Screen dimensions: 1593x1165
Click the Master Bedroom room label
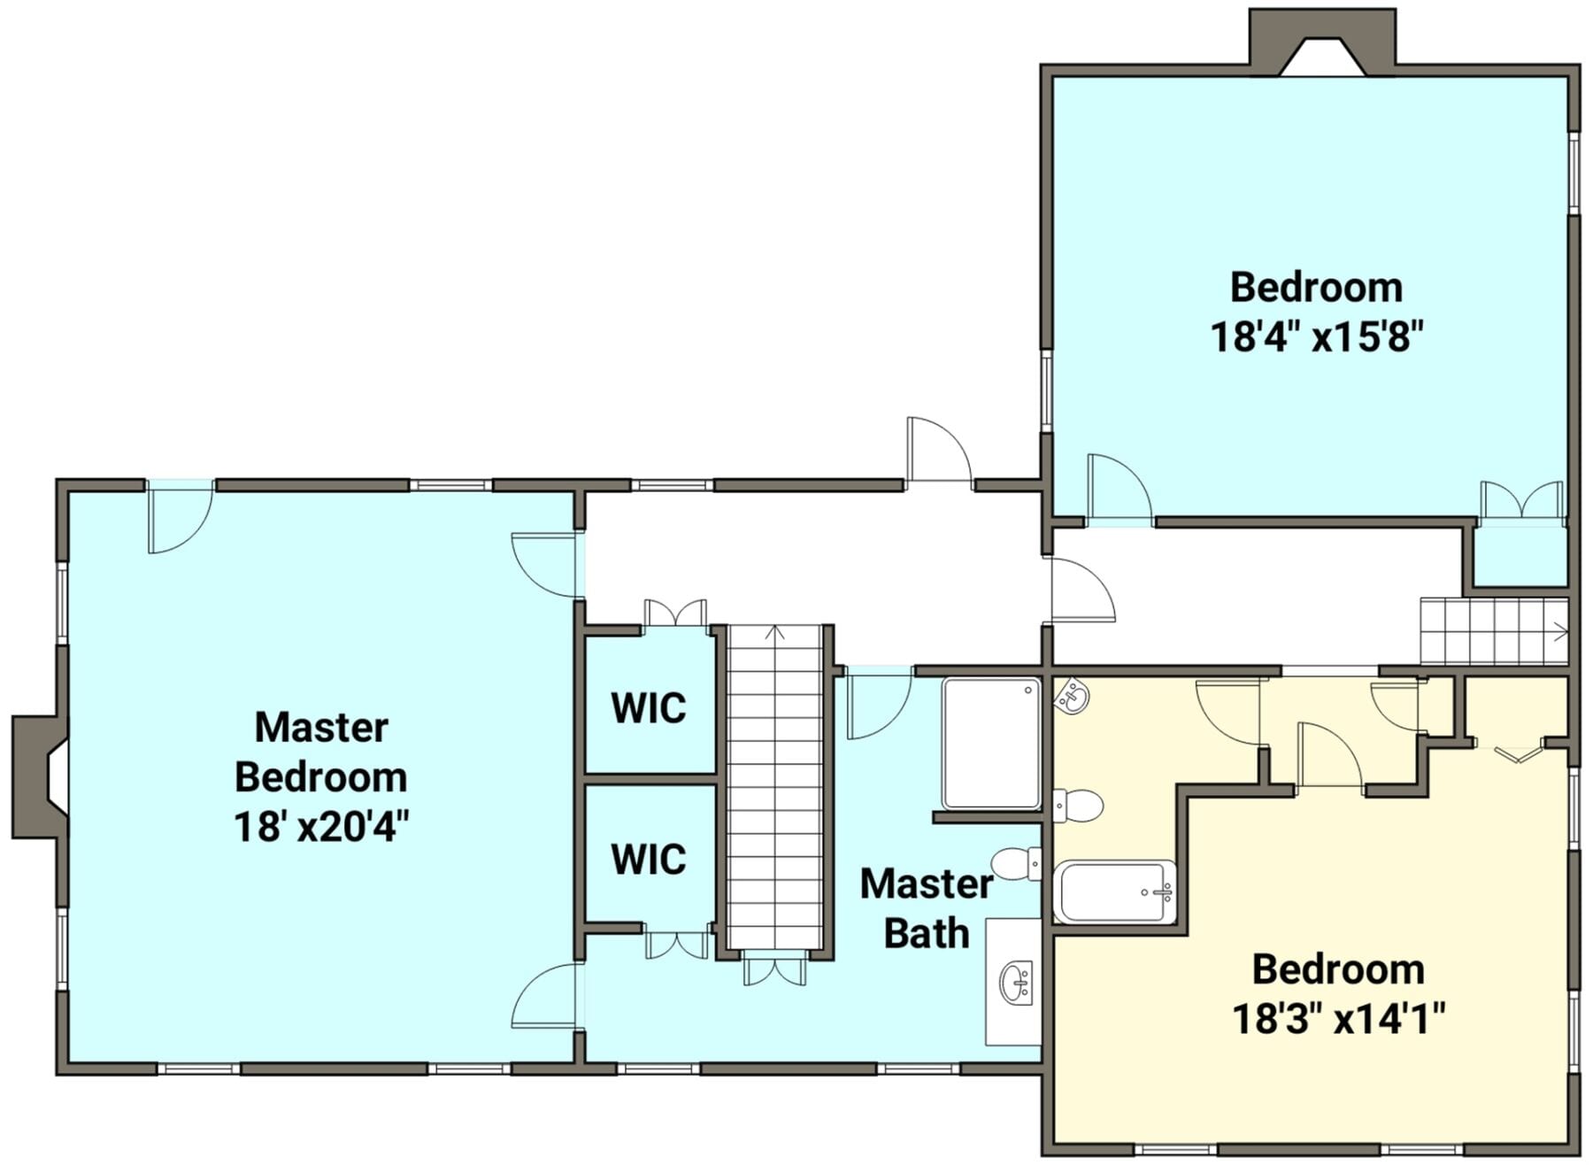(320, 752)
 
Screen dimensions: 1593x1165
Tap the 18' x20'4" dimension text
(321, 828)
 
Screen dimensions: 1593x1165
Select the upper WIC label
(649, 708)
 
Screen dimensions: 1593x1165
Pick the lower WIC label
(649, 860)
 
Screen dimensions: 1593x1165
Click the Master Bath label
(927, 908)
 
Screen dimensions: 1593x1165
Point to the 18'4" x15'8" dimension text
(1317, 336)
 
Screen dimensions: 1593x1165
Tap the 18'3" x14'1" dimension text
(1338, 1019)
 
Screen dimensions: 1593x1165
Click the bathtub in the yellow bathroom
(1115, 891)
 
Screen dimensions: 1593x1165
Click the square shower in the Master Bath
(991, 744)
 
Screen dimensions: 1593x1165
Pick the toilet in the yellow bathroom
(1078, 806)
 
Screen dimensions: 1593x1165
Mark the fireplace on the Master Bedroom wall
(40, 776)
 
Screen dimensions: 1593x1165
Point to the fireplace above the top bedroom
(1322, 42)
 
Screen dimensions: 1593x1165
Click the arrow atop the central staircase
(775, 632)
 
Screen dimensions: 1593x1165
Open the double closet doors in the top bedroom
(1522, 503)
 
